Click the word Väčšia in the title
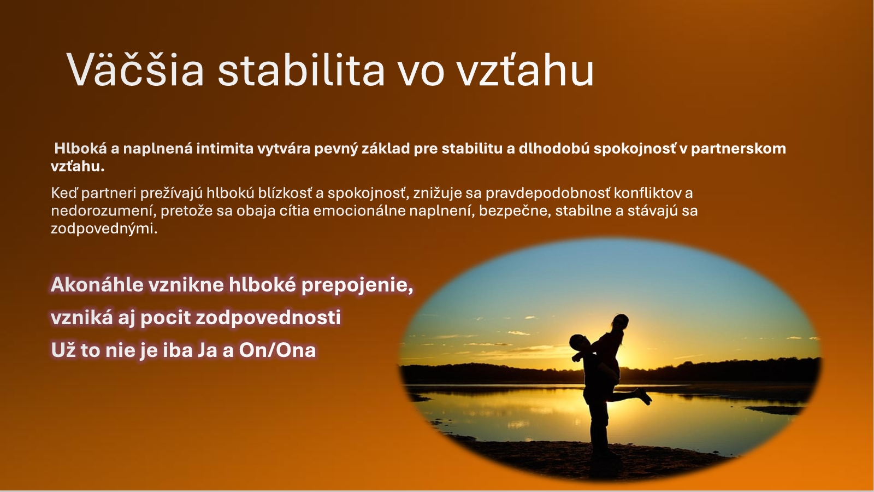[x=135, y=69]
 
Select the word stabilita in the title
[x=301, y=69]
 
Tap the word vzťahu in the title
[x=525, y=69]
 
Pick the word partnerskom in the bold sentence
[x=738, y=149]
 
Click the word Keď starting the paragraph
[x=64, y=193]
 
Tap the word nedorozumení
[x=104, y=211]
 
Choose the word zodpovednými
[x=104, y=229]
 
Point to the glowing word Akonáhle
[x=97, y=285]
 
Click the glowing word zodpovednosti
[x=268, y=318]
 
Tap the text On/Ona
[x=277, y=350]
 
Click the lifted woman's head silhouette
[x=620, y=324]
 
